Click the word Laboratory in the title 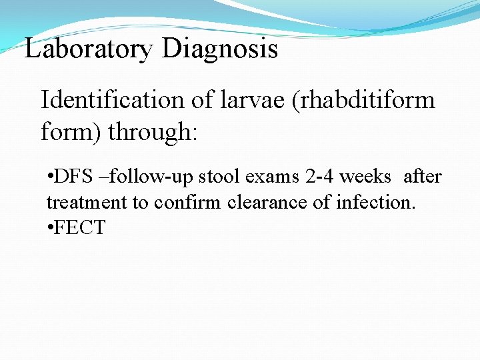[x=89, y=49]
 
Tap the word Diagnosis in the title [x=219, y=49]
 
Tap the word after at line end [x=423, y=177]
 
